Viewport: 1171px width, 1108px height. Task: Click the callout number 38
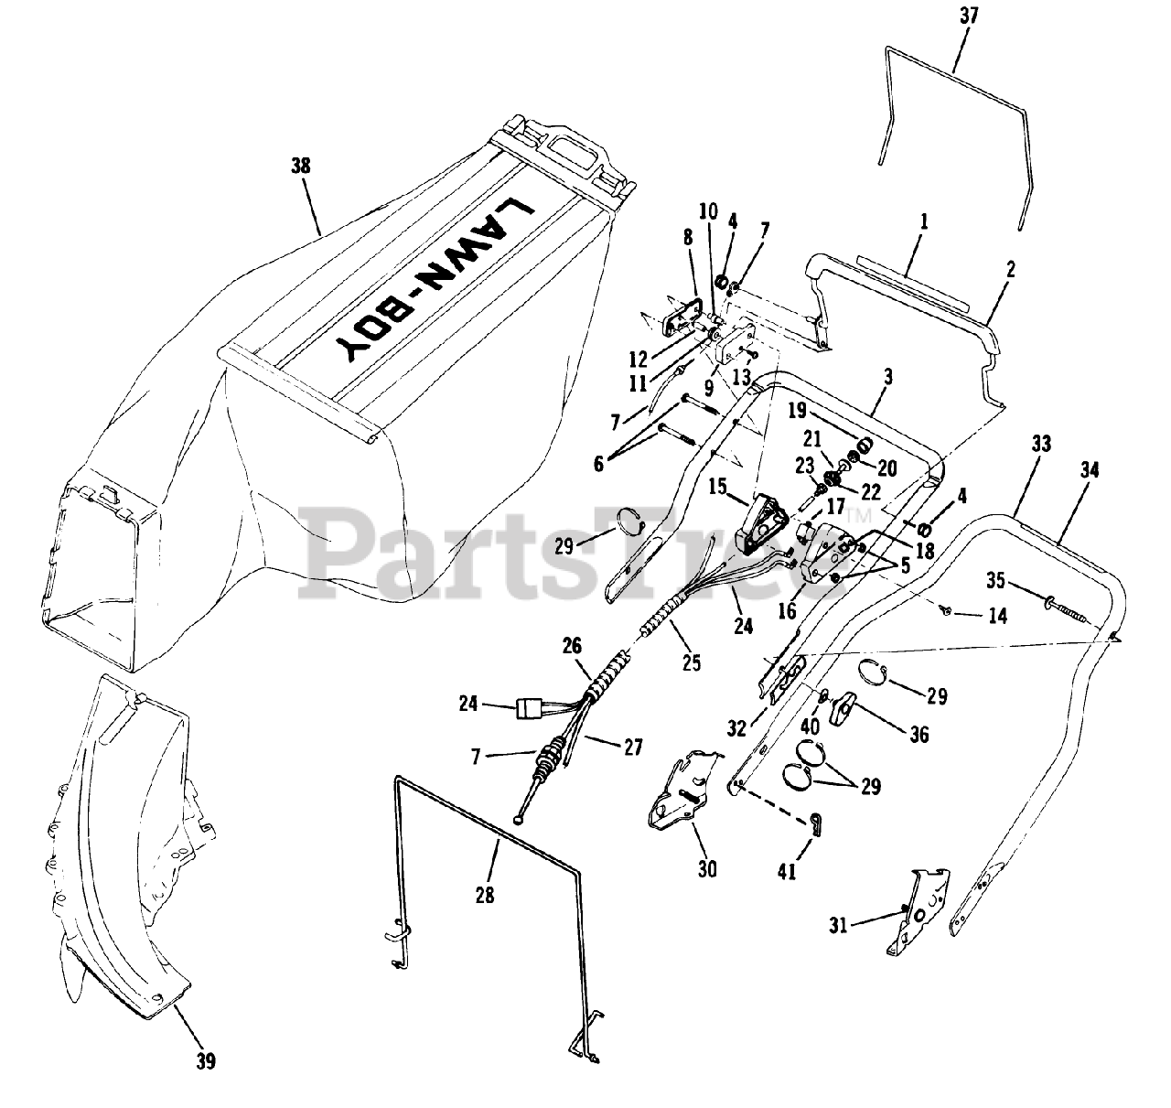300,167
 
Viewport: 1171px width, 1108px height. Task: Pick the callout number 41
787,871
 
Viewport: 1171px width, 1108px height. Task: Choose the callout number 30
706,868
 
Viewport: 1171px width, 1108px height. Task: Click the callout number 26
572,646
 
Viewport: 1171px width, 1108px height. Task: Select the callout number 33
1040,445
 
